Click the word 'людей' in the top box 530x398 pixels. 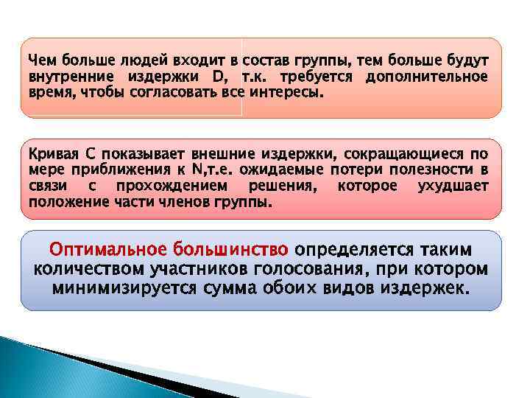(x=131, y=60)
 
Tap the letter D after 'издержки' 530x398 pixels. (x=219, y=77)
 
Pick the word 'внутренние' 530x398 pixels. (x=63, y=77)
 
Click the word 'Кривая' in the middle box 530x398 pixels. (x=51, y=154)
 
